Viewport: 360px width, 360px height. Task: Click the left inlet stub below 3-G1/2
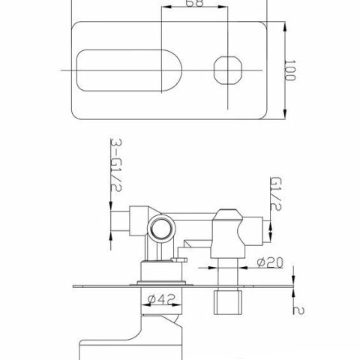point(120,223)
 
